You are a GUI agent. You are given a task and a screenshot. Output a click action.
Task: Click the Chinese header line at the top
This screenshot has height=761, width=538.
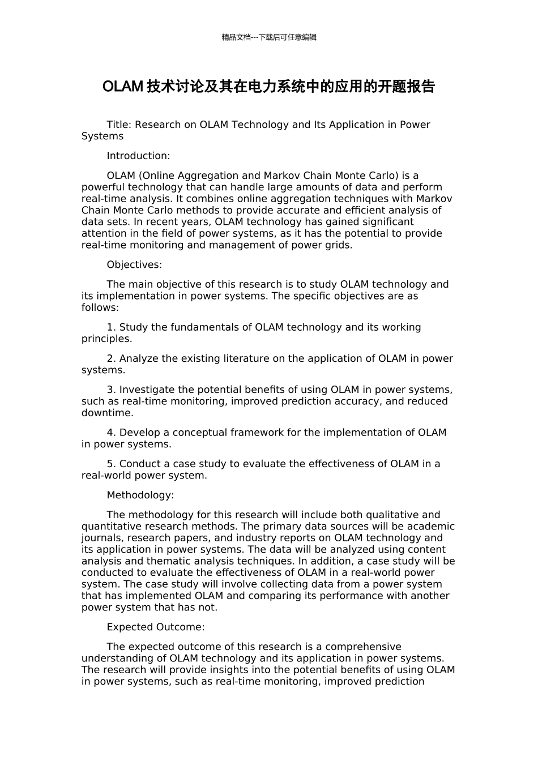[x=269, y=37]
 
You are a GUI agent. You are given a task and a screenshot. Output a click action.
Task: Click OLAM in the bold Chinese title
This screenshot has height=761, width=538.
[x=122, y=87]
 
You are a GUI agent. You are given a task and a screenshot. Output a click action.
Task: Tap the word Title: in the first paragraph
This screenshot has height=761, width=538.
[x=119, y=125]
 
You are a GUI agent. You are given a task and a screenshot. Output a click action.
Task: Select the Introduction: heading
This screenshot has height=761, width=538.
[x=138, y=156]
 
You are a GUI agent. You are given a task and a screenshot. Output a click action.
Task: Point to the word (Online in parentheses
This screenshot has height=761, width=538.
[x=157, y=176]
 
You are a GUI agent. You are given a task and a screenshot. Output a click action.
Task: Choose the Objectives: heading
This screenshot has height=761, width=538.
[x=134, y=264]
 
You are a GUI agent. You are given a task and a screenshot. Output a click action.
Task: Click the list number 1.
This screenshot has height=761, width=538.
[x=111, y=327]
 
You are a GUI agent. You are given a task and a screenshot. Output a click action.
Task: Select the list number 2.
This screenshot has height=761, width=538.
[x=111, y=358]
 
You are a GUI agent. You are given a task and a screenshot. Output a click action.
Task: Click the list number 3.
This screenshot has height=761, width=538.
[x=111, y=390]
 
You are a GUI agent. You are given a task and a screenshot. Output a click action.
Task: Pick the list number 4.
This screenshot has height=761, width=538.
[x=111, y=433]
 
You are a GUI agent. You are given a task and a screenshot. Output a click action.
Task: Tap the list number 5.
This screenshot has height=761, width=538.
[x=111, y=464]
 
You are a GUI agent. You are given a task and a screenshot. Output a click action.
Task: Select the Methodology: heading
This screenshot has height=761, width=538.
[x=140, y=495]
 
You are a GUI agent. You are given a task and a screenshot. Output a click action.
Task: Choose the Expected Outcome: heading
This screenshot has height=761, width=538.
[x=156, y=627]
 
